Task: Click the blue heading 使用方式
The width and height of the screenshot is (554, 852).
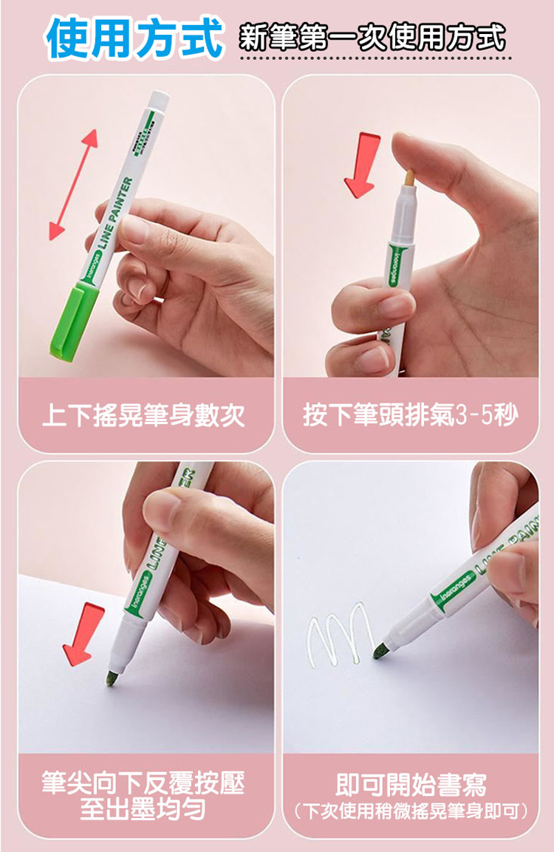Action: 134,38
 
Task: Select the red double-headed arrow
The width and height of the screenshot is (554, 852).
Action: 73,184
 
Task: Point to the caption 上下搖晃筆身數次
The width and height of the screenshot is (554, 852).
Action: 143,416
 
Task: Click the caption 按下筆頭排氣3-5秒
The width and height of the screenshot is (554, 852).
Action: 411,416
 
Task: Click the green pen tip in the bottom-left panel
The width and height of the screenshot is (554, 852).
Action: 111,678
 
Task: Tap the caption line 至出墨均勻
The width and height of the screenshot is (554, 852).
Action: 143,809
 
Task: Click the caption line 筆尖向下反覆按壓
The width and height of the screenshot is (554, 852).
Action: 143,783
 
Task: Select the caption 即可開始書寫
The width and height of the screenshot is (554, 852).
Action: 411,784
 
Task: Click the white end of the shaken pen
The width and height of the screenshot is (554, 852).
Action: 160,100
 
